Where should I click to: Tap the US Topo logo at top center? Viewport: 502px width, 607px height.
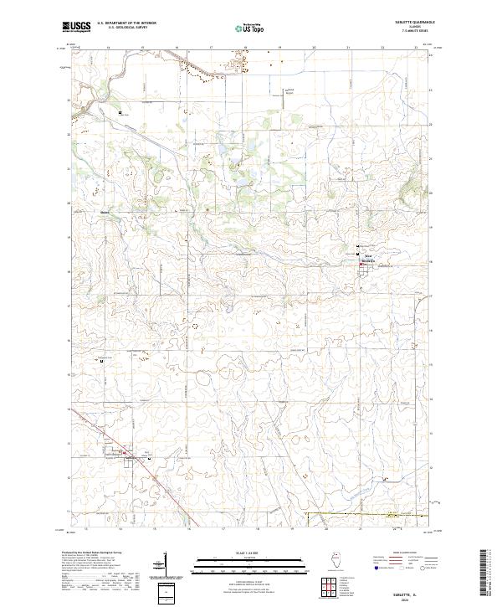[x=252, y=28]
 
